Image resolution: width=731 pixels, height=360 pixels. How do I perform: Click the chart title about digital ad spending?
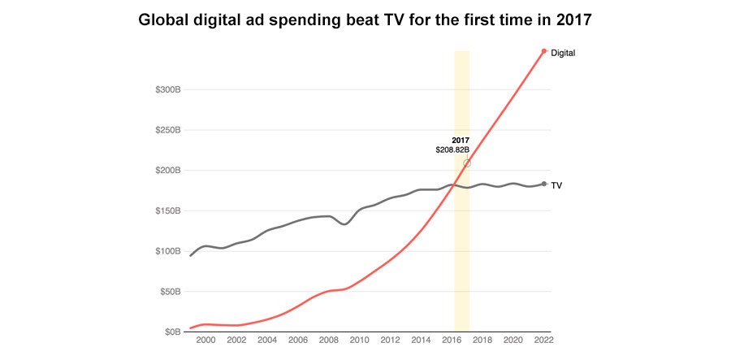click(365, 20)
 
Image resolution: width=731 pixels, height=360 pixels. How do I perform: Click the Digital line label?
click(563, 53)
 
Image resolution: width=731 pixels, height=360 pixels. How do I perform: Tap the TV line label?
click(557, 185)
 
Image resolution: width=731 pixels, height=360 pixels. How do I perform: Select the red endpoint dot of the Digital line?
click(544, 51)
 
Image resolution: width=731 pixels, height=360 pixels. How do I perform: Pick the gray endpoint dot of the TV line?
click(544, 184)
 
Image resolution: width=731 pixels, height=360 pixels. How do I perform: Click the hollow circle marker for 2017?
click(467, 163)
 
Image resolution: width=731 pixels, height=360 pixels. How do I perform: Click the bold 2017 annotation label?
click(461, 141)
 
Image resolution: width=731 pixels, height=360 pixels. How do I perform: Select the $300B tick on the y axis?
click(167, 89)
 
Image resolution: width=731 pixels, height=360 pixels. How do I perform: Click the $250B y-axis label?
click(167, 130)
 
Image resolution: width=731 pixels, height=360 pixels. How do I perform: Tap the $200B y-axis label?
click(167, 171)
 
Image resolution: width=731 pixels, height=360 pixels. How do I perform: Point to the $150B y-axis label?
click(167, 210)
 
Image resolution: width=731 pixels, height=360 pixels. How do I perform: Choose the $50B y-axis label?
click(170, 292)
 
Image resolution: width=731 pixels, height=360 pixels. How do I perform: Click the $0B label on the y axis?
click(172, 332)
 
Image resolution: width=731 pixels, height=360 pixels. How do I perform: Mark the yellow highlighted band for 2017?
click(462, 244)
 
